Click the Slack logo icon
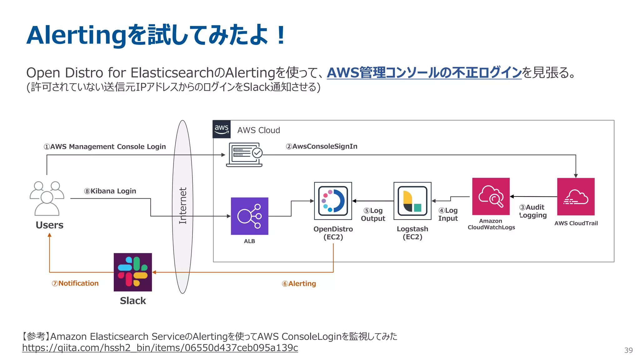point(133,272)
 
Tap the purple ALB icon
point(249,216)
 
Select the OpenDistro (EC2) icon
point(333,201)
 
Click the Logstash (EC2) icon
point(412,201)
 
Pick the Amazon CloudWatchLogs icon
point(491,196)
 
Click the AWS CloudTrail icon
point(576,196)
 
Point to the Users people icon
point(47,198)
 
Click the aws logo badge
point(222,129)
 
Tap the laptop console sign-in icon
point(245,154)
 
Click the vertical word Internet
point(183,205)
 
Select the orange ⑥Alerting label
point(299,283)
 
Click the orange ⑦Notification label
point(75,283)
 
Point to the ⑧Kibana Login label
point(110,191)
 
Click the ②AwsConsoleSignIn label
point(322,146)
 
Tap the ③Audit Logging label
point(533,211)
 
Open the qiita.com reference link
point(160,347)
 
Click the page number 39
point(628,350)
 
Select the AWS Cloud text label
point(258,130)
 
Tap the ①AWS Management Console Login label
point(105,147)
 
